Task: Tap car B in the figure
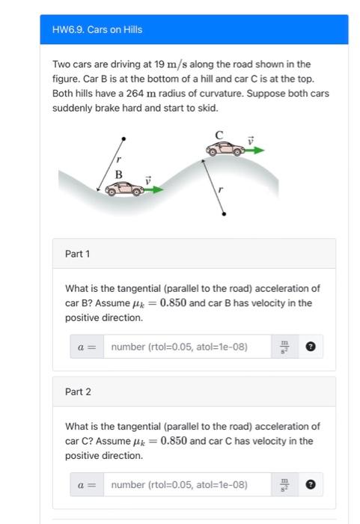click(x=123, y=189)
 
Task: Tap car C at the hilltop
click(x=225, y=149)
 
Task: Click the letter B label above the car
click(x=118, y=174)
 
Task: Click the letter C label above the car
click(x=219, y=135)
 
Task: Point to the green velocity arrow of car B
click(x=153, y=190)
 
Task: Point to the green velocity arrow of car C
click(x=254, y=150)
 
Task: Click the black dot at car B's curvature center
click(x=123, y=138)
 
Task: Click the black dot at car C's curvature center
click(x=224, y=214)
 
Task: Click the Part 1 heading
click(x=77, y=254)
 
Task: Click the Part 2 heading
click(x=77, y=392)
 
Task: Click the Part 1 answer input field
click(x=187, y=347)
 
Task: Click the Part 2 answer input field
click(x=187, y=484)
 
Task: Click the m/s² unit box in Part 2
click(x=283, y=484)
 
